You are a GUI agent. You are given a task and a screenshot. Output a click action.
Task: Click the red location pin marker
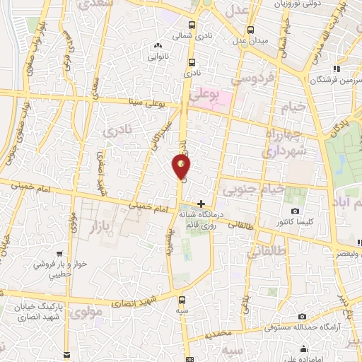tap(182, 167)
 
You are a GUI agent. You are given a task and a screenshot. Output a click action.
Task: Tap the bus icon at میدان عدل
tap(251, 30)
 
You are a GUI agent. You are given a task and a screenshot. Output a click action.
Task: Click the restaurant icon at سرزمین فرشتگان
tap(338, 69)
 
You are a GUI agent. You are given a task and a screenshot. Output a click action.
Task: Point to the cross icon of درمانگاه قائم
tap(202, 203)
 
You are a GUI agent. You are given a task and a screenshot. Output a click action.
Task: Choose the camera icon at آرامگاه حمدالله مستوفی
tap(303, 316)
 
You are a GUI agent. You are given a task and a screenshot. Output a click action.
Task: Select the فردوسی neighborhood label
tap(257, 79)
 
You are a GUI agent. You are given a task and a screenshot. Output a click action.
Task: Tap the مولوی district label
tap(87, 310)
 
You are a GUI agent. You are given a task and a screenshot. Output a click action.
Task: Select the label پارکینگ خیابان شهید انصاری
tap(41, 313)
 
